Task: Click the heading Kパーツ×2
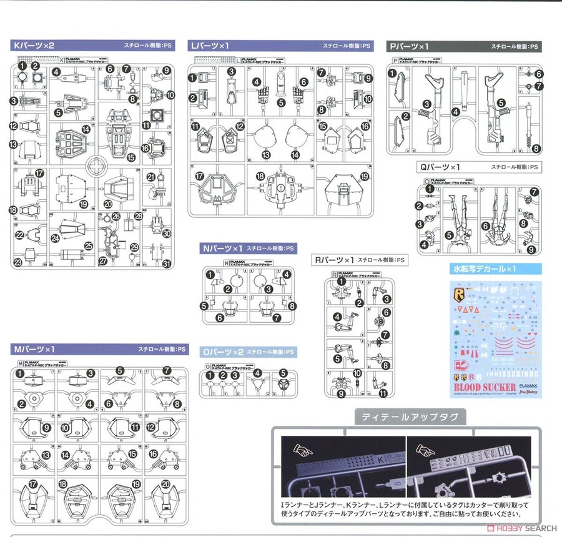point(34,46)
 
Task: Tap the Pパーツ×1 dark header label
point(408,46)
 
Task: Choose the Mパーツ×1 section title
point(34,349)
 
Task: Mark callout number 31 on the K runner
point(166,263)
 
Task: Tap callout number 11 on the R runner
point(382,393)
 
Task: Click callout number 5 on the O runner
point(283,375)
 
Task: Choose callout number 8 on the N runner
point(292,306)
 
